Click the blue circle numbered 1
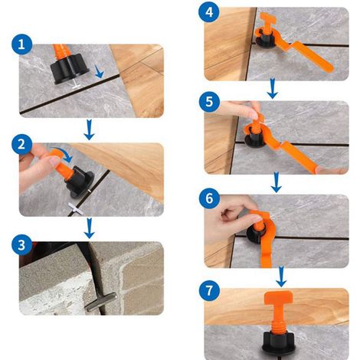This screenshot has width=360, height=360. pos(21,44)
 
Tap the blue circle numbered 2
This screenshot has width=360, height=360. pos(21,144)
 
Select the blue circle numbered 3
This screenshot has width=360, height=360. pos(21,244)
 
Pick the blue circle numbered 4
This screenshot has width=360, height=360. pos(209,12)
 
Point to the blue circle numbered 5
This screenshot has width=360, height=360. pos(209,102)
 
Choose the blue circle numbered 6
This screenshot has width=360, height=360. pos(209,198)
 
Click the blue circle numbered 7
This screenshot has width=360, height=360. pos(209,290)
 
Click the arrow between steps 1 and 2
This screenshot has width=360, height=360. pos(89,129)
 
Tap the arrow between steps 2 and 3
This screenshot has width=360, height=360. pos(89,228)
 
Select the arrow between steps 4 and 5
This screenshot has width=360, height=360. pos(273,88)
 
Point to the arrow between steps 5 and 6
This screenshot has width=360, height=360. pos(276,182)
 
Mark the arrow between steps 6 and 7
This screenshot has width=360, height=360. pos(281,277)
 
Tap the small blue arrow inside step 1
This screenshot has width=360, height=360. pos(99,71)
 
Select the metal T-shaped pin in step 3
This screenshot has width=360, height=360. pos(101,302)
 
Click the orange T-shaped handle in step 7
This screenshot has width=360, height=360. pos(279,309)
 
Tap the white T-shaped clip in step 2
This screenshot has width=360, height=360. pos(76,208)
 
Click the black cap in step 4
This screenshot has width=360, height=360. pos(265,39)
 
